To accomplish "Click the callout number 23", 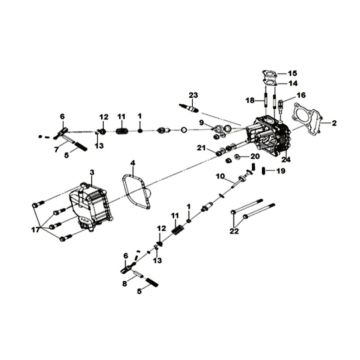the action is (192, 93).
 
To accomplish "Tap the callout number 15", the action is (293, 73).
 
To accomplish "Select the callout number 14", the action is (293, 84).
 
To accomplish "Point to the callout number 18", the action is (251, 100).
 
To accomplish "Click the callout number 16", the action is (300, 97).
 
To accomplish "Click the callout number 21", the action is (201, 147).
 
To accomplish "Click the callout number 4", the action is (132, 162).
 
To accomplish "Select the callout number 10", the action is (219, 176).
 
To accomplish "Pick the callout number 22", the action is (234, 232).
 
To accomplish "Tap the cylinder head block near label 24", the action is (270, 135).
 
